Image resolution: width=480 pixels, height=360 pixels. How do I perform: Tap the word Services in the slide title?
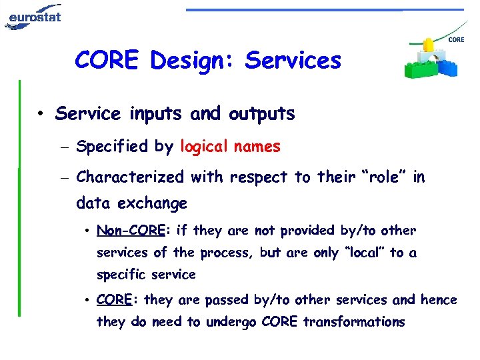tap(293, 61)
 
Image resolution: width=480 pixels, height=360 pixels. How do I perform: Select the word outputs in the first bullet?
tap(261, 115)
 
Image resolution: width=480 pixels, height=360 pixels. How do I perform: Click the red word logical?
tap(203, 147)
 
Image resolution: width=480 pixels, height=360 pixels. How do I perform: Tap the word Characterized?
tap(131, 177)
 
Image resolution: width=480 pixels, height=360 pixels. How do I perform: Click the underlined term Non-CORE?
tap(131, 231)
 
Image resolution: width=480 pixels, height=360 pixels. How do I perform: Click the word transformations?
tap(353, 322)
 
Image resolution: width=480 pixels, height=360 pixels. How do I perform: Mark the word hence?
tap(439, 300)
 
